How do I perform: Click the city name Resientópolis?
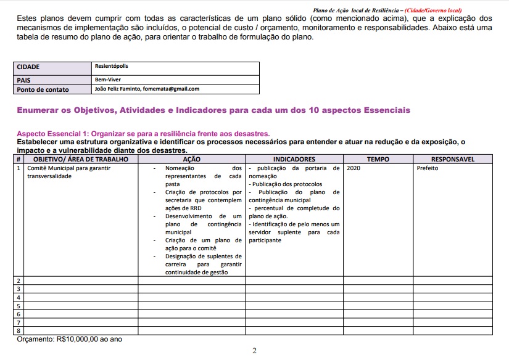tap(112, 66)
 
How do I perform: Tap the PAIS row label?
tap(25, 80)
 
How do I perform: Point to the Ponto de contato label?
tap(43, 89)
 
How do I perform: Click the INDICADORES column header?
tap(294, 159)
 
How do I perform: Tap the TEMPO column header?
tap(378, 159)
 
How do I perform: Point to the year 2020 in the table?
tap(354, 168)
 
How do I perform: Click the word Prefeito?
tap(428, 168)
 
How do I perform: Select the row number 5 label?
tap(19, 306)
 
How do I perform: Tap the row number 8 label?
tap(19, 331)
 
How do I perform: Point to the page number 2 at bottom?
tap(254, 351)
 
